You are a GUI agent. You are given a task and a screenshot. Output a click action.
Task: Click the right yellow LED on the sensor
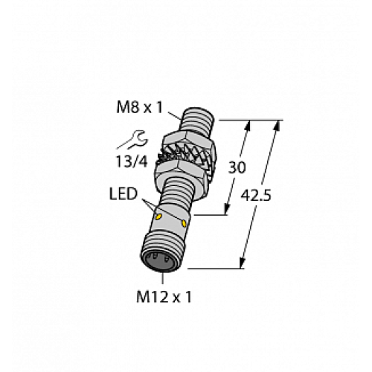pos(184,223)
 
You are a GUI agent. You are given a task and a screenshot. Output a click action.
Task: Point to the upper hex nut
pos(186,140)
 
